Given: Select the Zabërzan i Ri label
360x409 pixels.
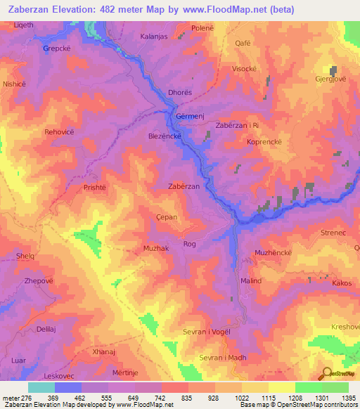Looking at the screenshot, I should pos(238,125).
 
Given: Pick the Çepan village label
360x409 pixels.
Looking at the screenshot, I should pos(166,217).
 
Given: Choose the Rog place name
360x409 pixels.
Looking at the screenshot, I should pos(189,244).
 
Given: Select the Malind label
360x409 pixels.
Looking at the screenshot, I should pos(251,280).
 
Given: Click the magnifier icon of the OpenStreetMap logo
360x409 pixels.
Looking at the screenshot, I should pos(326,373).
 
